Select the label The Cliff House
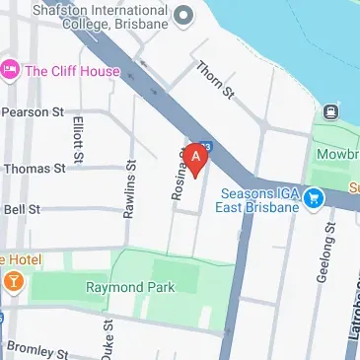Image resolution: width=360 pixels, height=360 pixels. click(x=72, y=71)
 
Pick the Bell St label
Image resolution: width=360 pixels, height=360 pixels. click(x=22, y=209)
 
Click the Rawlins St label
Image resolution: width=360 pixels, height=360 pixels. click(x=127, y=184)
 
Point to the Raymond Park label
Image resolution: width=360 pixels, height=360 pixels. click(x=129, y=287)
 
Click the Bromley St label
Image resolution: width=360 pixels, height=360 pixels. click(x=37, y=349)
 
